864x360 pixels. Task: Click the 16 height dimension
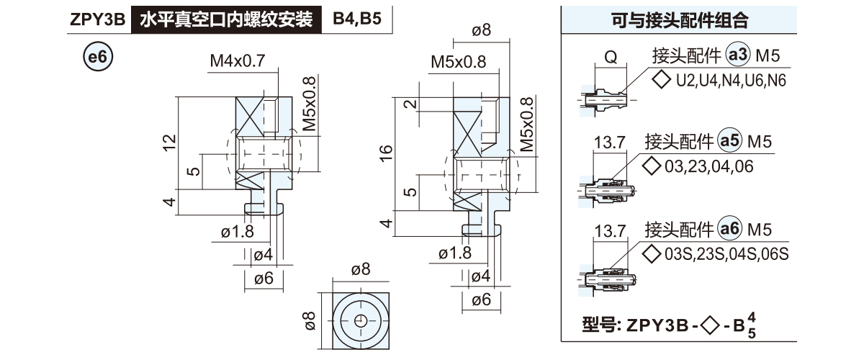click(386, 152)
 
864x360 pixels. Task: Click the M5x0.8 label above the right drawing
click(459, 62)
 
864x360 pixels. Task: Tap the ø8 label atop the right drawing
click(482, 30)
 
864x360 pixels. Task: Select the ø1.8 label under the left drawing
click(238, 233)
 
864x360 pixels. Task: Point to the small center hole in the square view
click(361, 320)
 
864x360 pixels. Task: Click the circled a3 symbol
click(739, 55)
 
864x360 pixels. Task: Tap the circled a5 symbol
click(730, 141)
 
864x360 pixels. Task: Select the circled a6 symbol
click(730, 230)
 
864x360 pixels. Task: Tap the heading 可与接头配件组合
click(679, 21)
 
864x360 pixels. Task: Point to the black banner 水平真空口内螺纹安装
click(225, 20)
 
